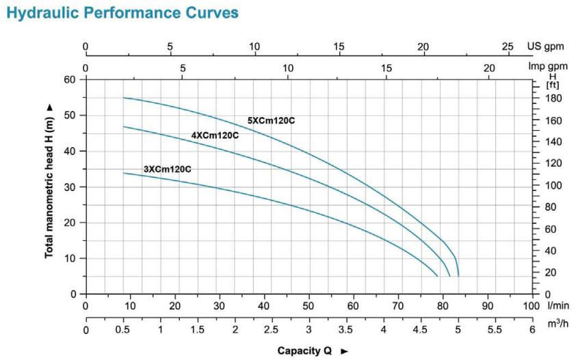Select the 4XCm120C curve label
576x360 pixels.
pos(215,135)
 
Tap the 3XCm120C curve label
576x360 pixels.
pos(167,168)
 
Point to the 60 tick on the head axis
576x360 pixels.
pos(72,79)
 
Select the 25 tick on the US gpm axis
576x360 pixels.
pos(507,47)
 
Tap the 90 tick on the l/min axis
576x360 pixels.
pos(487,306)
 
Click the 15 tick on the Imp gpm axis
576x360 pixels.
pos(387,68)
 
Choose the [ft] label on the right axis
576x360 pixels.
pos(551,85)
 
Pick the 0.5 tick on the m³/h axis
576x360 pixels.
pos(123,329)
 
